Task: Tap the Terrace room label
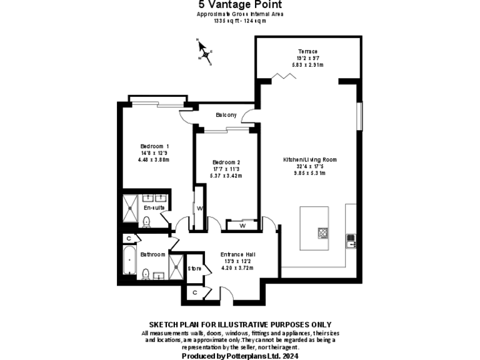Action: pyautogui.click(x=307, y=51)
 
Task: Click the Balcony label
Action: pyautogui.click(x=226, y=114)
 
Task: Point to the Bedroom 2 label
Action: pyautogui.click(x=226, y=162)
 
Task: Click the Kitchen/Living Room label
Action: pyautogui.click(x=309, y=159)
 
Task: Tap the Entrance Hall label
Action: pyautogui.click(x=237, y=254)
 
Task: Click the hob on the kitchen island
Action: pyautogui.click(x=323, y=232)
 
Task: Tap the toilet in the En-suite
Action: pyautogui.click(x=146, y=221)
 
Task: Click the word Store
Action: pyautogui.click(x=194, y=268)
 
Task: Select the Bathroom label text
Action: pyautogui.click(x=152, y=254)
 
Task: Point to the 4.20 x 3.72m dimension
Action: pyautogui.click(x=237, y=268)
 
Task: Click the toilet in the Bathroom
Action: pyautogui.click(x=145, y=273)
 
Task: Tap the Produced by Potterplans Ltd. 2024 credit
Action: pyautogui.click(x=240, y=356)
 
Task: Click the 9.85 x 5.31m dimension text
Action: pyautogui.click(x=309, y=173)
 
